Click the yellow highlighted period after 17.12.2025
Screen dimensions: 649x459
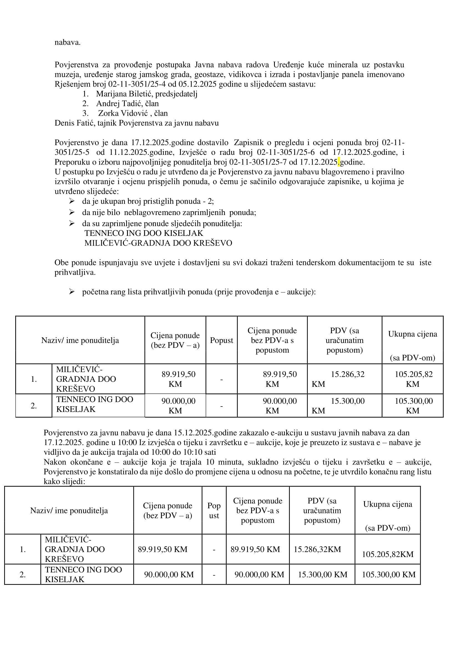(339, 162)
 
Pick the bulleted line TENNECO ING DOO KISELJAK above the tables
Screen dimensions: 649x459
(144, 233)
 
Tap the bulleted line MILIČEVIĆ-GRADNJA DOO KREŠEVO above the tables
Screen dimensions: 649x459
(158, 243)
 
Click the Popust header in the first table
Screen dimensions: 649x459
(221, 340)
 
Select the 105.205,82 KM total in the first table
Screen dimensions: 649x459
(412, 379)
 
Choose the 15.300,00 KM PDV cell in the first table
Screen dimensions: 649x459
(344, 405)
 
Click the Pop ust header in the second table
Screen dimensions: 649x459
(214, 511)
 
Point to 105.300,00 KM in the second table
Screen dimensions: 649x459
(389, 574)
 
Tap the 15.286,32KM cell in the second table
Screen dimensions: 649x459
(317, 549)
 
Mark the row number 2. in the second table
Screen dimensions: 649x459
(23, 574)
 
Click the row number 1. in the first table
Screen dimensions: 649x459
(34, 379)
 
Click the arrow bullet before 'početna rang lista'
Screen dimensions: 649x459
(72, 292)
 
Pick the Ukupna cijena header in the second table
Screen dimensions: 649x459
(387, 504)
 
